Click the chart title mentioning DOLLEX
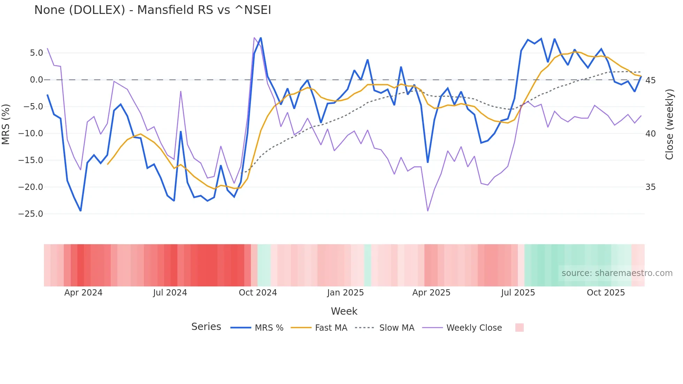[x=153, y=10]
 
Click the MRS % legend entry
[x=269, y=328]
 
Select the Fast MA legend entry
[x=331, y=328]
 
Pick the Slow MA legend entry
[x=397, y=328]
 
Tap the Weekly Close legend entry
[x=474, y=328]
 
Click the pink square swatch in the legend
[x=519, y=328]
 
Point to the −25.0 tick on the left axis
[x=31, y=214]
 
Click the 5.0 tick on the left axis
[x=36, y=53]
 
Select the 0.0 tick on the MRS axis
[x=36, y=80]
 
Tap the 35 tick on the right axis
[x=651, y=187]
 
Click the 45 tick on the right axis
[x=651, y=80]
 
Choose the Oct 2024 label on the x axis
[x=258, y=293]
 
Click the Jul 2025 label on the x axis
[x=518, y=293]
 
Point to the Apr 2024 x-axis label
[x=83, y=293]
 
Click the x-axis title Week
[x=344, y=311]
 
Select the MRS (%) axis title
[x=6, y=124]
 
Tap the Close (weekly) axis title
[x=669, y=124]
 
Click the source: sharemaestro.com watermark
[x=617, y=273]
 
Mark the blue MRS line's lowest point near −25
[x=80, y=211]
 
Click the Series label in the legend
[x=206, y=327]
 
